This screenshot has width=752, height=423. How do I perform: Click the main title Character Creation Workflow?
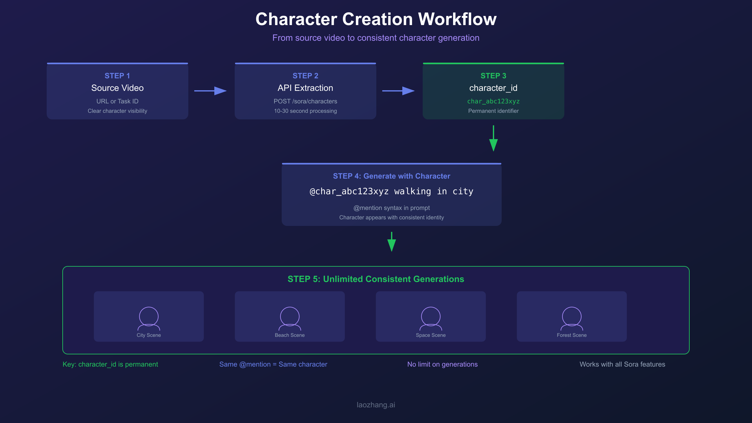(x=376, y=19)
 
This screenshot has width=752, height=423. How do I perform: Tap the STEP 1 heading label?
(x=117, y=76)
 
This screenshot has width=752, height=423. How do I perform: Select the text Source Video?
(x=117, y=88)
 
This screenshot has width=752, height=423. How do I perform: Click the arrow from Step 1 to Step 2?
(x=210, y=91)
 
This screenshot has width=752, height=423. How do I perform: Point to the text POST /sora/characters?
(x=305, y=101)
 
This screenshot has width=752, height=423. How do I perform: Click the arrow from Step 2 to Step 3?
(x=398, y=91)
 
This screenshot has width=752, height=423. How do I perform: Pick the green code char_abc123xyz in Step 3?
(x=493, y=101)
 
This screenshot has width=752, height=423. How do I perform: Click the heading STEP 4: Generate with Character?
(x=391, y=176)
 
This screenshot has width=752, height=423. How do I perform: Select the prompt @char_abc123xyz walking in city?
(x=391, y=191)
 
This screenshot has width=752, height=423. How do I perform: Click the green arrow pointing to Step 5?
(x=391, y=242)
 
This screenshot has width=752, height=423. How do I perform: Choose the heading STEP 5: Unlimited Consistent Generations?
(x=376, y=279)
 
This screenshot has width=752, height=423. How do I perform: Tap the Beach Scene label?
(x=290, y=335)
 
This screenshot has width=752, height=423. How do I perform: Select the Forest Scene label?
(x=572, y=335)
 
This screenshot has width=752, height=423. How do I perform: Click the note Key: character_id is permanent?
(x=110, y=364)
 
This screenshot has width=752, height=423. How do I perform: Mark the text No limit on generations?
(x=442, y=364)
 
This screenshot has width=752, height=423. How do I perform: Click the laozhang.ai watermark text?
(x=376, y=405)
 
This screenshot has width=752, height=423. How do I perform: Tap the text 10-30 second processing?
(x=305, y=111)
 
